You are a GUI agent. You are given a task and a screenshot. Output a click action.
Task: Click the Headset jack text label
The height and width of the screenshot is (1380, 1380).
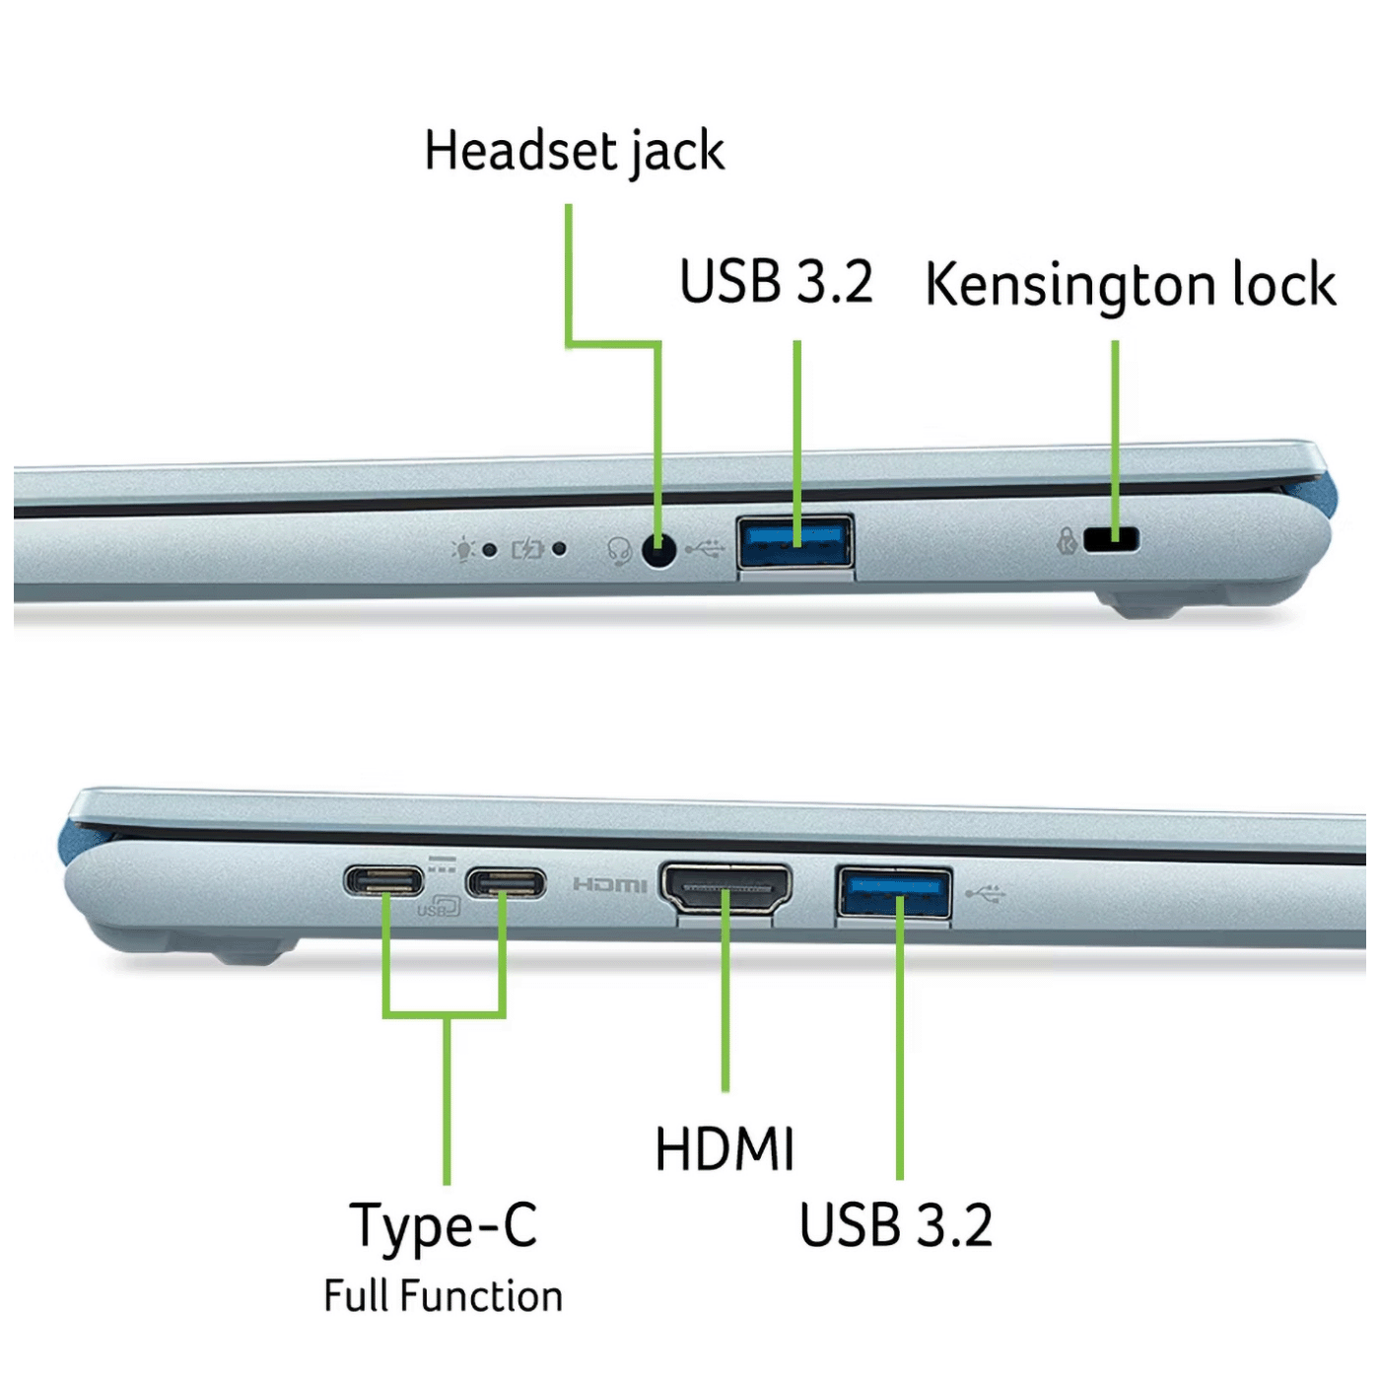(574, 151)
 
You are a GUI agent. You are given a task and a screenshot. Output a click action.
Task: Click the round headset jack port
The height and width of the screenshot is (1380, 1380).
(658, 551)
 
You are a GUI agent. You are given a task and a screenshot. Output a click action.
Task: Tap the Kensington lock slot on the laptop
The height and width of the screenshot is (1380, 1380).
(1111, 538)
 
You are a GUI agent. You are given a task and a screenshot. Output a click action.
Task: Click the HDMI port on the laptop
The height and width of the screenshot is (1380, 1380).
(725, 890)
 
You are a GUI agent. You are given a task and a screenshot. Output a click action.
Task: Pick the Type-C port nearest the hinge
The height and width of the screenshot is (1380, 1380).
(383, 880)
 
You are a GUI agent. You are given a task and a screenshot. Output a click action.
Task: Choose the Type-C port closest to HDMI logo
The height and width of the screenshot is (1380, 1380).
(506, 882)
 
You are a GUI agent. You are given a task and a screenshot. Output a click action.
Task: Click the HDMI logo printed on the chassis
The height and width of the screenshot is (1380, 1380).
(609, 886)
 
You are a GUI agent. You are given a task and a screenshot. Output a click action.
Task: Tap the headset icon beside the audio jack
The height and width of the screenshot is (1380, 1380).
(619, 551)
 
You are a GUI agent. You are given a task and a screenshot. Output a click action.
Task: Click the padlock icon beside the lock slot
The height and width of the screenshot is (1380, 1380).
(1068, 541)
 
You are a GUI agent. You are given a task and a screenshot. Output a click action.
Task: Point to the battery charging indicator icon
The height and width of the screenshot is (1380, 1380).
(527, 549)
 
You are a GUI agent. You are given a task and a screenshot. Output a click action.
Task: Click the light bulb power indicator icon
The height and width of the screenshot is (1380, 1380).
(463, 550)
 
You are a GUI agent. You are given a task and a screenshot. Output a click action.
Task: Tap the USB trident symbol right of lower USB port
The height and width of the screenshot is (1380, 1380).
(986, 894)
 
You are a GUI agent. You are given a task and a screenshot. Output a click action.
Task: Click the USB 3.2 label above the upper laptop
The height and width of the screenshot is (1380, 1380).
(777, 282)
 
